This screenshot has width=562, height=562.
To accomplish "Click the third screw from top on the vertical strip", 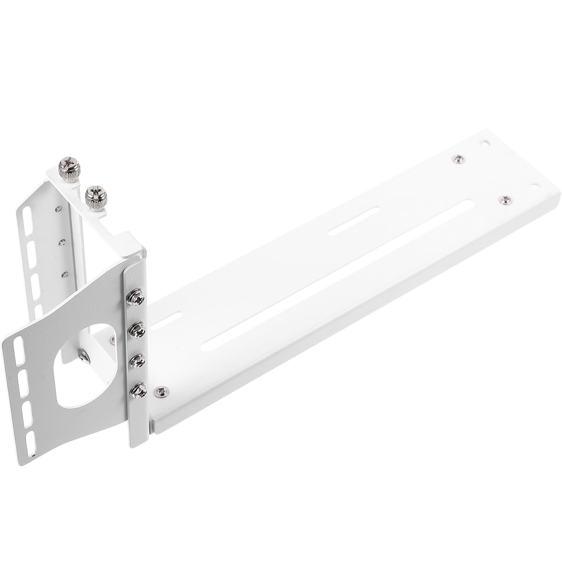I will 137,360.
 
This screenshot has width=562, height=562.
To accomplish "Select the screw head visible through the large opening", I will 84,358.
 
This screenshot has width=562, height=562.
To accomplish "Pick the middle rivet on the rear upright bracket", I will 63,242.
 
